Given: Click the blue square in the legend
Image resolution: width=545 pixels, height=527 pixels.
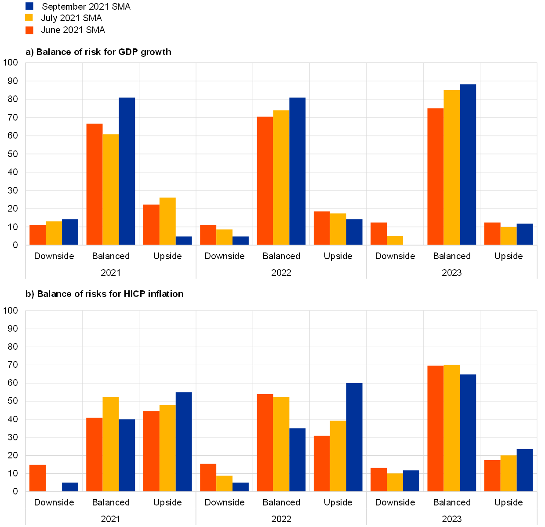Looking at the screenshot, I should pos(29,6).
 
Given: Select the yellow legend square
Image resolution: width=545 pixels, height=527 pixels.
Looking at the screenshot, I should pos(29,18).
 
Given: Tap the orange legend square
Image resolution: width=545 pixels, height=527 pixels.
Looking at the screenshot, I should pos(29,30).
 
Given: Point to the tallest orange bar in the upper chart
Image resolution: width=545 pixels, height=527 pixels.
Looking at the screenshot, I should pos(435,176).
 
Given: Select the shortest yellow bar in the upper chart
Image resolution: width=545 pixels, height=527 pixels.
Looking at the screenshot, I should pos(395,240).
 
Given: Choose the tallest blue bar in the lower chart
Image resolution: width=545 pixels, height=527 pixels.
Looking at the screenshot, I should pos(354,437).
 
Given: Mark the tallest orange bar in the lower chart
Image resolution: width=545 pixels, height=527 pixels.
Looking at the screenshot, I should pos(435,428).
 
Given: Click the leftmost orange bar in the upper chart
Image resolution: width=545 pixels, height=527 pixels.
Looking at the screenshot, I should pos(37,235).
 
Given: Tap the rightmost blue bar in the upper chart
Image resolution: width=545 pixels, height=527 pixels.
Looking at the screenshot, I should pos(525,234).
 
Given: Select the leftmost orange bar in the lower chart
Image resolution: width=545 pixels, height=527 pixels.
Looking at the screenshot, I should pos(37,478).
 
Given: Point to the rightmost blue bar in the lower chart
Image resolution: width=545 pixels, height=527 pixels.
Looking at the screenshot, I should pos(525,470).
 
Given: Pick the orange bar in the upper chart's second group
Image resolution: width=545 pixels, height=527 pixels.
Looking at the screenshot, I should pos(94,184).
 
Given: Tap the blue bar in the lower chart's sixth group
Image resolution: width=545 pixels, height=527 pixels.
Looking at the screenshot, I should pos(354,437).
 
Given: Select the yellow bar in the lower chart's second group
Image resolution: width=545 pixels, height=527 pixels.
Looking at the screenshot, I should pos(111,444).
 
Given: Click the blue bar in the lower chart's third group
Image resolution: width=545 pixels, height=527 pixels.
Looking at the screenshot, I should pos(184,442).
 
